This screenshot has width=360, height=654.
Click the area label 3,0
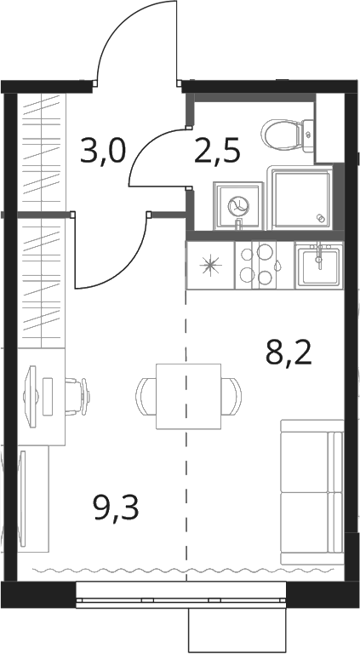tap(102, 152)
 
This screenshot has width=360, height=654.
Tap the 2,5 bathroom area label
tap(217, 152)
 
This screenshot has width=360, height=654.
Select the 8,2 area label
tap(289, 353)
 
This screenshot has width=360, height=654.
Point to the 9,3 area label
tap(117, 508)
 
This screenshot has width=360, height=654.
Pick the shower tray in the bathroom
tap(302, 198)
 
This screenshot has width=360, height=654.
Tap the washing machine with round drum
tap(238, 205)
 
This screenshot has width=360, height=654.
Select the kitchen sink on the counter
tap(319, 266)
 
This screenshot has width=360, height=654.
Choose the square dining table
tap(188, 396)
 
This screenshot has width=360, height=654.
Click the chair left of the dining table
tap(146, 396)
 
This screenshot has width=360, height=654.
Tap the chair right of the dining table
tap(231, 396)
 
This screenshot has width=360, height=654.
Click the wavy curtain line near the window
tap(183, 569)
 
